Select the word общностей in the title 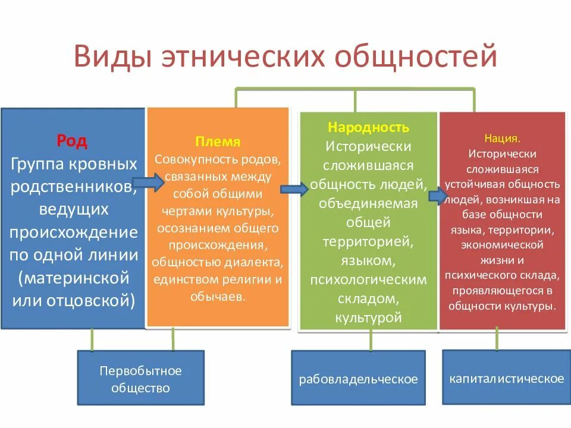pyautogui.click(x=416, y=58)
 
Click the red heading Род pyautogui.click(x=72, y=141)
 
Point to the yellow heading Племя pyautogui.click(x=218, y=142)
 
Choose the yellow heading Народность pyautogui.click(x=368, y=127)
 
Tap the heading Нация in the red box pyautogui.click(x=502, y=138)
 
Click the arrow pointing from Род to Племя pyautogui.click(x=147, y=182)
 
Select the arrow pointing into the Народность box pyautogui.click(x=294, y=189)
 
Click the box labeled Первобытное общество pyautogui.click(x=140, y=379)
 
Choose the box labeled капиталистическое pyautogui.click(x=506, y=379)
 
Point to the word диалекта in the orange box pyautogui.click(x=260, y=263)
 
